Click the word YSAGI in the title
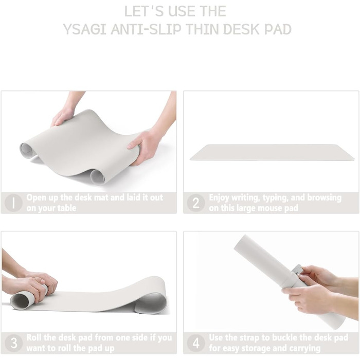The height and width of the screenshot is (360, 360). [84, 29]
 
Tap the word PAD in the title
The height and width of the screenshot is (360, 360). [278, 29]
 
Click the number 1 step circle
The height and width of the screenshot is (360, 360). [13, 203]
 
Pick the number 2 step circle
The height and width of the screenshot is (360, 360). [196, 203]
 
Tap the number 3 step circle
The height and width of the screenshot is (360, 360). [13, 343]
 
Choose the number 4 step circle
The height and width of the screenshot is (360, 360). [196, 343]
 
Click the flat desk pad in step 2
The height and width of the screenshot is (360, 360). [272, 152]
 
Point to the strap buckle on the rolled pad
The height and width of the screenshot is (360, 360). [298, 271]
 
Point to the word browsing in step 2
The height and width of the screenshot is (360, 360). [324, 198]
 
